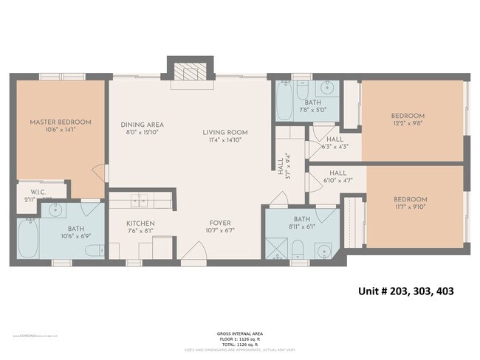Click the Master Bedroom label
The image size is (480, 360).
(x=60, y=122)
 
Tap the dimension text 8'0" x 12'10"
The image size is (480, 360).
(x=143, y=133)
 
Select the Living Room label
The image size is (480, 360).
(x=225, y=133)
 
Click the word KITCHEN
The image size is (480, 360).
(x=139, y=222)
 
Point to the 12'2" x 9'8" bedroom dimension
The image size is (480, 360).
(x=408, y=124)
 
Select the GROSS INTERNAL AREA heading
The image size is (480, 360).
(x=237, y=333)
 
